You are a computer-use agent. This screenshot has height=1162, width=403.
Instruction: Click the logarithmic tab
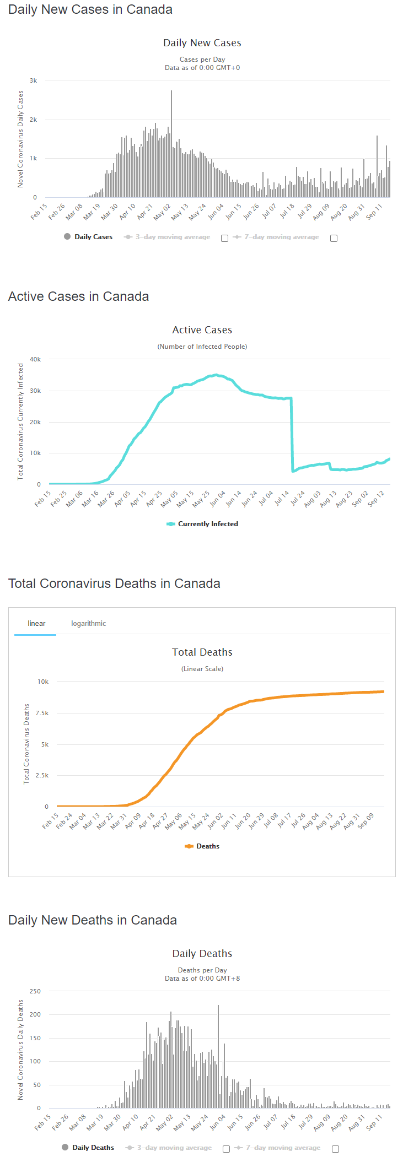click(88, 623)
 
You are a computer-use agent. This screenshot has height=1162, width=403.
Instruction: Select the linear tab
click(36, 623)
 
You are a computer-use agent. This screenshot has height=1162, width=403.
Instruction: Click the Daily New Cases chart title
click(202, 43)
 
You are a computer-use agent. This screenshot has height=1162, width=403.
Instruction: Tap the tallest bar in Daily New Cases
click(171, 143)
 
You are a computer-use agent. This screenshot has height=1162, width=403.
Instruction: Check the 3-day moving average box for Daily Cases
click(224, 238)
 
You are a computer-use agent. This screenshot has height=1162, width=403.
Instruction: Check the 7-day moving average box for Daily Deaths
click(335, 1149)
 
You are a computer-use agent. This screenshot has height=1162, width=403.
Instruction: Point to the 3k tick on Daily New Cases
click(34, 80)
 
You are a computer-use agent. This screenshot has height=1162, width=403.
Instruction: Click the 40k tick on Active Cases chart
click(35, 359)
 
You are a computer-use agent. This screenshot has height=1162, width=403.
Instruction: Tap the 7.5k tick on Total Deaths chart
click(42, 713)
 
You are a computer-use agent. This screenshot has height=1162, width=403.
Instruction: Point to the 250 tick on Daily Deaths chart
click(35, 991)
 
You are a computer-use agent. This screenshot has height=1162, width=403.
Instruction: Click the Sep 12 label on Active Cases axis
click(376, 498)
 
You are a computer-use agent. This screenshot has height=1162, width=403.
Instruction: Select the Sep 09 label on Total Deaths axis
click(366, 820)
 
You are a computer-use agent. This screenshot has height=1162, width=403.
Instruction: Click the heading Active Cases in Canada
click(78, 296)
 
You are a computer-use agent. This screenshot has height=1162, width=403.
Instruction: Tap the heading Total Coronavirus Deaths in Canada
click(114, 583)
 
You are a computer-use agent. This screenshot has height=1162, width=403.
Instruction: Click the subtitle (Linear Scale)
click(202, 669)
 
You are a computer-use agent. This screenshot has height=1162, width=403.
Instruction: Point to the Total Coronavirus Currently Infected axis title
click(20, 421)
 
